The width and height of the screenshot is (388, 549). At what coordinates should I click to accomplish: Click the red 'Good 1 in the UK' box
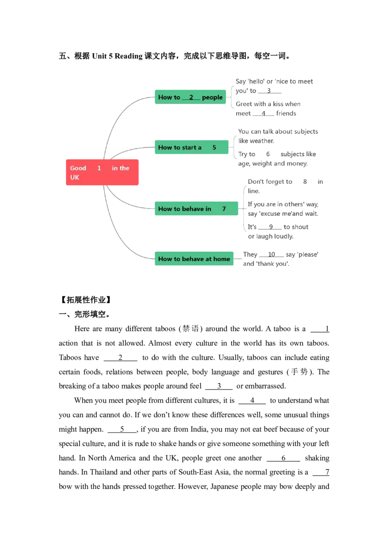tap(102, 172)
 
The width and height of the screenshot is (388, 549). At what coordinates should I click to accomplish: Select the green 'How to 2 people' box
tap(191, 97)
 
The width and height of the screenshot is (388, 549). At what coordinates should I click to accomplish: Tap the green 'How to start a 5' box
tap(192, 147)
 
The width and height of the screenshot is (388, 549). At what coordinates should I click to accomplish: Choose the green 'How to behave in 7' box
tap(196, 209)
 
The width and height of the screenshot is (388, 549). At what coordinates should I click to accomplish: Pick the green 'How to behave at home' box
tap(194, 259)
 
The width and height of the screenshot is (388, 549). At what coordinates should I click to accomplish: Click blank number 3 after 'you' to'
tap(269, 91)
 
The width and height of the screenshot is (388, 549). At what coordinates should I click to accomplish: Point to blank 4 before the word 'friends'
tap(263, 113)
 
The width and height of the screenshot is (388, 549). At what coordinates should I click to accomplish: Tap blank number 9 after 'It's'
tap(270, 227)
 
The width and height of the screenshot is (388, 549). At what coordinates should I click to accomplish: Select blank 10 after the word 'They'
tap(272, 255)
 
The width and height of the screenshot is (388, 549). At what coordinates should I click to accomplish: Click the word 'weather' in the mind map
tap(262, 141)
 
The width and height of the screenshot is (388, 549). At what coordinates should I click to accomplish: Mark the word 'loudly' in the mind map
tap(284, 236)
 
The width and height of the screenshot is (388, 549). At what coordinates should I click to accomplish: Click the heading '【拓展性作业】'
tap(86, 300)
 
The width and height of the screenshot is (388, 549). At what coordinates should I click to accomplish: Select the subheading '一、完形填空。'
tap(85, 314)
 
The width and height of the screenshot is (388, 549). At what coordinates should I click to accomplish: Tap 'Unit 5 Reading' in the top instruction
tap(117, 56)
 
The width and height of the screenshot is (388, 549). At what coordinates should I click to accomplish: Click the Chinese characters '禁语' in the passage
tap(191, 329)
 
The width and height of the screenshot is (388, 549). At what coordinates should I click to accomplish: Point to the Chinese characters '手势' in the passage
tap(299, 372)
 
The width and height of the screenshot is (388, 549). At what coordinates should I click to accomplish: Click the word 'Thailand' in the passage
tap(103, 472)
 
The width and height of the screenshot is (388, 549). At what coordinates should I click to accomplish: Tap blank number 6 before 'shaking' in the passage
tap(283, 458)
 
